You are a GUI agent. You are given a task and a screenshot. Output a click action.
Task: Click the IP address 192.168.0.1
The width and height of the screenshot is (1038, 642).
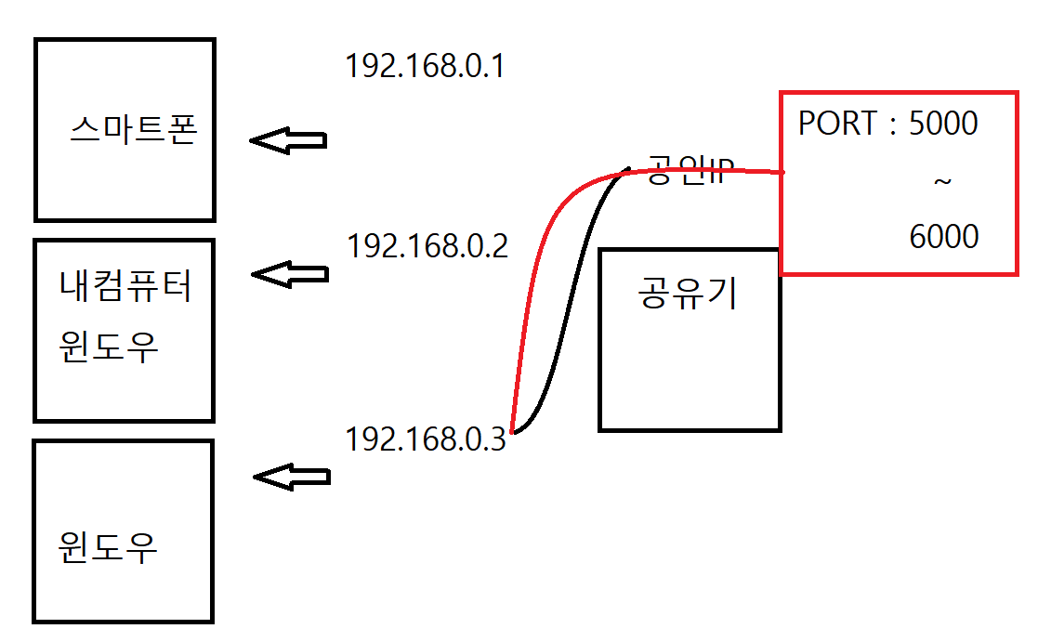(x=424, y=66)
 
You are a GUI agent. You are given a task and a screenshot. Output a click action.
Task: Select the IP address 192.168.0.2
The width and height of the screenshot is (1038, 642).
(x=427, y=246)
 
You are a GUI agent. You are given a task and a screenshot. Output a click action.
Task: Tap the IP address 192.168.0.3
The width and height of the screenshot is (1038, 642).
(x=426, y=439)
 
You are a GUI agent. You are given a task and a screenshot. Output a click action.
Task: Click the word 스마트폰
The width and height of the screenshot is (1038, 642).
(x=134, y=131)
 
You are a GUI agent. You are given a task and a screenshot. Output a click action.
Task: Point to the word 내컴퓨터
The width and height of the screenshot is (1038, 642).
(x=125, y=287)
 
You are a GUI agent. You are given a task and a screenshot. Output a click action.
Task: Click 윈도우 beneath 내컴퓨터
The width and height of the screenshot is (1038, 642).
(x=108, y=347)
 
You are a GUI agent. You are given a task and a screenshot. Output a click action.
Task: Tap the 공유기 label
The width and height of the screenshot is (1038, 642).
(x=688, y=294)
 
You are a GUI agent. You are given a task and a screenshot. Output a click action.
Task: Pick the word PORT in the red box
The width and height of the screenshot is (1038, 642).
(x=836, y=124)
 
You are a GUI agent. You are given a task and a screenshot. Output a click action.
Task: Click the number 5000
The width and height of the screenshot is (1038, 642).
(x=943, y=124)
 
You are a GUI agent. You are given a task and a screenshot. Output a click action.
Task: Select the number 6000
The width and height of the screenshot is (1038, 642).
(x=944, y=237)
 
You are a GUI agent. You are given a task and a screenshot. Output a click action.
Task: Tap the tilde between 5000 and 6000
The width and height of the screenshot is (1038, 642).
(x=942, y=181)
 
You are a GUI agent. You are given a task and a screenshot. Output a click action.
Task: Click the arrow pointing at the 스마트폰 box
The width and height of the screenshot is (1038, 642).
(x=288, y=141)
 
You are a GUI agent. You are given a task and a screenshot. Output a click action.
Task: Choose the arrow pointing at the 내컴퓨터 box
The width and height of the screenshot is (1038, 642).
(x=290, y=274)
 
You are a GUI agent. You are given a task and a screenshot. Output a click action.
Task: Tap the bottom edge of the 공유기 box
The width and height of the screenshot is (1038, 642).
(x=690, y=430)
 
